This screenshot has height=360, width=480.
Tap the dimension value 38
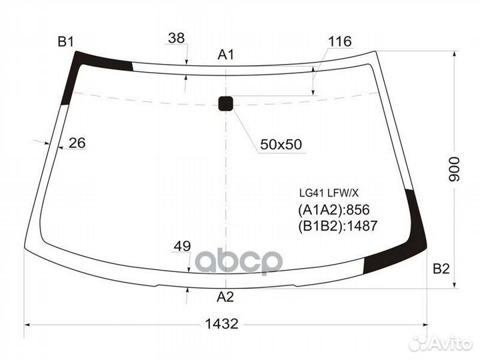point(176,38)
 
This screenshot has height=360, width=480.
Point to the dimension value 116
point(339,42)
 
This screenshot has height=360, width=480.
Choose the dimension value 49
point(182,247)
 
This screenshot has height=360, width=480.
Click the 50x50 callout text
point(281,144)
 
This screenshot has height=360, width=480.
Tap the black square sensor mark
point(227,103)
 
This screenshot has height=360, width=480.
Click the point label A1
point(227,55)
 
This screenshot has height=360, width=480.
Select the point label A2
point(226,297)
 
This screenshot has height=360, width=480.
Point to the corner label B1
point(65,42)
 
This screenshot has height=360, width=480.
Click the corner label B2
point(441,269)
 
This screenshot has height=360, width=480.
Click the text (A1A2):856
point(334,210)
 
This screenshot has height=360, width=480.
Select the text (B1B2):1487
point(338,226)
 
